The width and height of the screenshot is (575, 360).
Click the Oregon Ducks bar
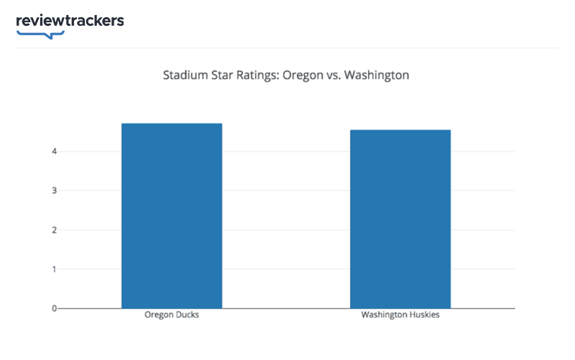click(171, 216)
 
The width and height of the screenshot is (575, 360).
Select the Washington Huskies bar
click(400, 219)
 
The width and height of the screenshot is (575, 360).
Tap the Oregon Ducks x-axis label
click(171, 315)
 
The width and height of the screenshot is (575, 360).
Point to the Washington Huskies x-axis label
click(400, 315)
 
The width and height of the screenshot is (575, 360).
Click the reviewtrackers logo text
click(70, 20)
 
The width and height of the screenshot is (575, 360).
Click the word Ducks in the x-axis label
click(185, 315)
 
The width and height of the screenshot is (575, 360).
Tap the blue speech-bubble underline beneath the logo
click(40, 33)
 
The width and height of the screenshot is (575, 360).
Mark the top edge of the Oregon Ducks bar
click(171, 124)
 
